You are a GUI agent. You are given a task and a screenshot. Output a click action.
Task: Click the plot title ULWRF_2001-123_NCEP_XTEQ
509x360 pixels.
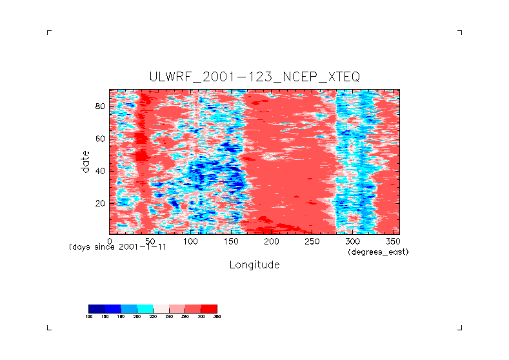point(254,77)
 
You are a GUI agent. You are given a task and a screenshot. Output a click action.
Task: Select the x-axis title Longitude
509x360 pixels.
point(254,265)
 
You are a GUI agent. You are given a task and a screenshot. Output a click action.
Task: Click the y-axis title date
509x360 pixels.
point(85,161)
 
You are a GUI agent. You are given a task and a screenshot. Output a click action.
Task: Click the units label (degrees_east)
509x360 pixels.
point(378,252)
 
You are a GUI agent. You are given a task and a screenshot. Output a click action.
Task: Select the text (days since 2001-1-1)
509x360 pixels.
point(117,247)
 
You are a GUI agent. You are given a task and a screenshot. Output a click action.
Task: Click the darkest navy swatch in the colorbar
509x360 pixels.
point(96,308)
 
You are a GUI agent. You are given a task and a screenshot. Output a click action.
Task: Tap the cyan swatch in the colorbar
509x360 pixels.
point(145,308)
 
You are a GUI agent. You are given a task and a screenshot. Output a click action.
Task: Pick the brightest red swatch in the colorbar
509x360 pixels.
point(209,308)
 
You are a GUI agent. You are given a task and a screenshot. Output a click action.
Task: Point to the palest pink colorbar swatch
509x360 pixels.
point(161,308)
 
